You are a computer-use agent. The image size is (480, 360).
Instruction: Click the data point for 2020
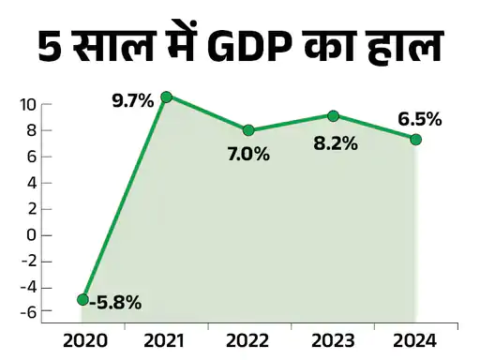pos(83,300)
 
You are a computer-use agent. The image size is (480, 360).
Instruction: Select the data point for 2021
pos(167,97)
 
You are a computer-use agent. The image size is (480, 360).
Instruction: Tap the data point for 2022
pos(248,130)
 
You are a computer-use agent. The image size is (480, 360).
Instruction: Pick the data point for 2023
pos(333,115)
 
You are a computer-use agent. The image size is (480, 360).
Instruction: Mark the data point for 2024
pos(415,140)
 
